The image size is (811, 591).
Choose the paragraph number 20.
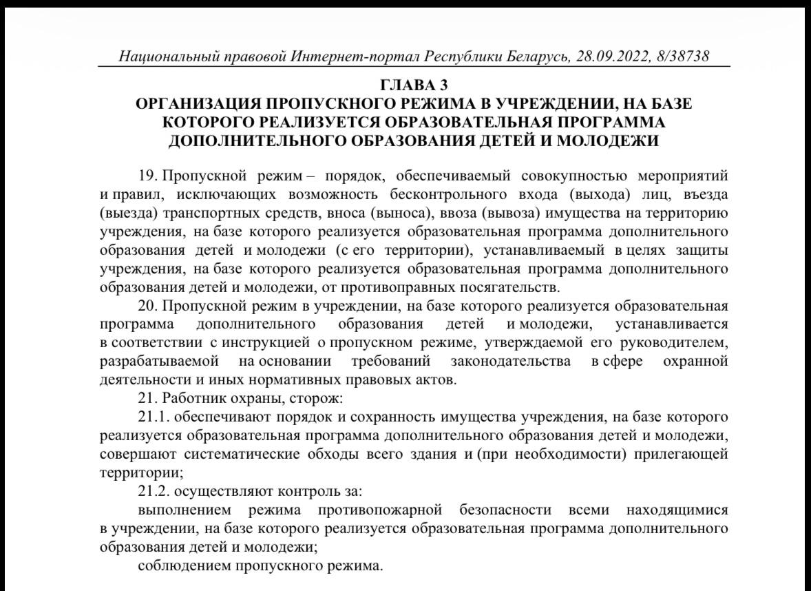pos(148,305)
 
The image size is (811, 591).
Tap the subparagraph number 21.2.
pos(153,492)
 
